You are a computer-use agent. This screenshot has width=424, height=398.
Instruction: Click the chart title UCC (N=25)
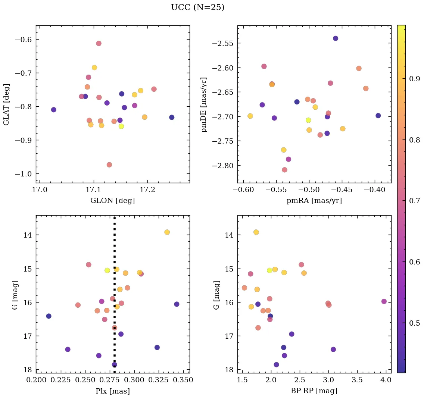[197, 7]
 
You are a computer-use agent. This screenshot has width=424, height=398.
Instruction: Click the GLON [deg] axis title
[112, 201]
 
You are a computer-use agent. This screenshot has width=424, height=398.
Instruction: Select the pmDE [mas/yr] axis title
[204, 104]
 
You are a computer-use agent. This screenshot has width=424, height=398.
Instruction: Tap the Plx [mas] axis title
[112, 391]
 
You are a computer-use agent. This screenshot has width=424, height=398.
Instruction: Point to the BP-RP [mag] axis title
[314, 391]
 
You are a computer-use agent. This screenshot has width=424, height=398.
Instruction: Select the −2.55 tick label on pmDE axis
[222, 43]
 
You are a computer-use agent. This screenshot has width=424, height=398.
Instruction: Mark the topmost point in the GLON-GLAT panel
[99, 43]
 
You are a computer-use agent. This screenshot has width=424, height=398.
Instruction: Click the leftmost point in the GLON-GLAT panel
[53, 110]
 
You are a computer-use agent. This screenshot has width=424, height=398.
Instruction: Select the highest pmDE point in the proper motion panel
[336, 38]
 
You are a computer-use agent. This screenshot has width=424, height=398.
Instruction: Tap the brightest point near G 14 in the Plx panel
[167, 232]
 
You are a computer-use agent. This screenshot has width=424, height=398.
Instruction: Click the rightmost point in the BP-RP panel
[384, 301]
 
